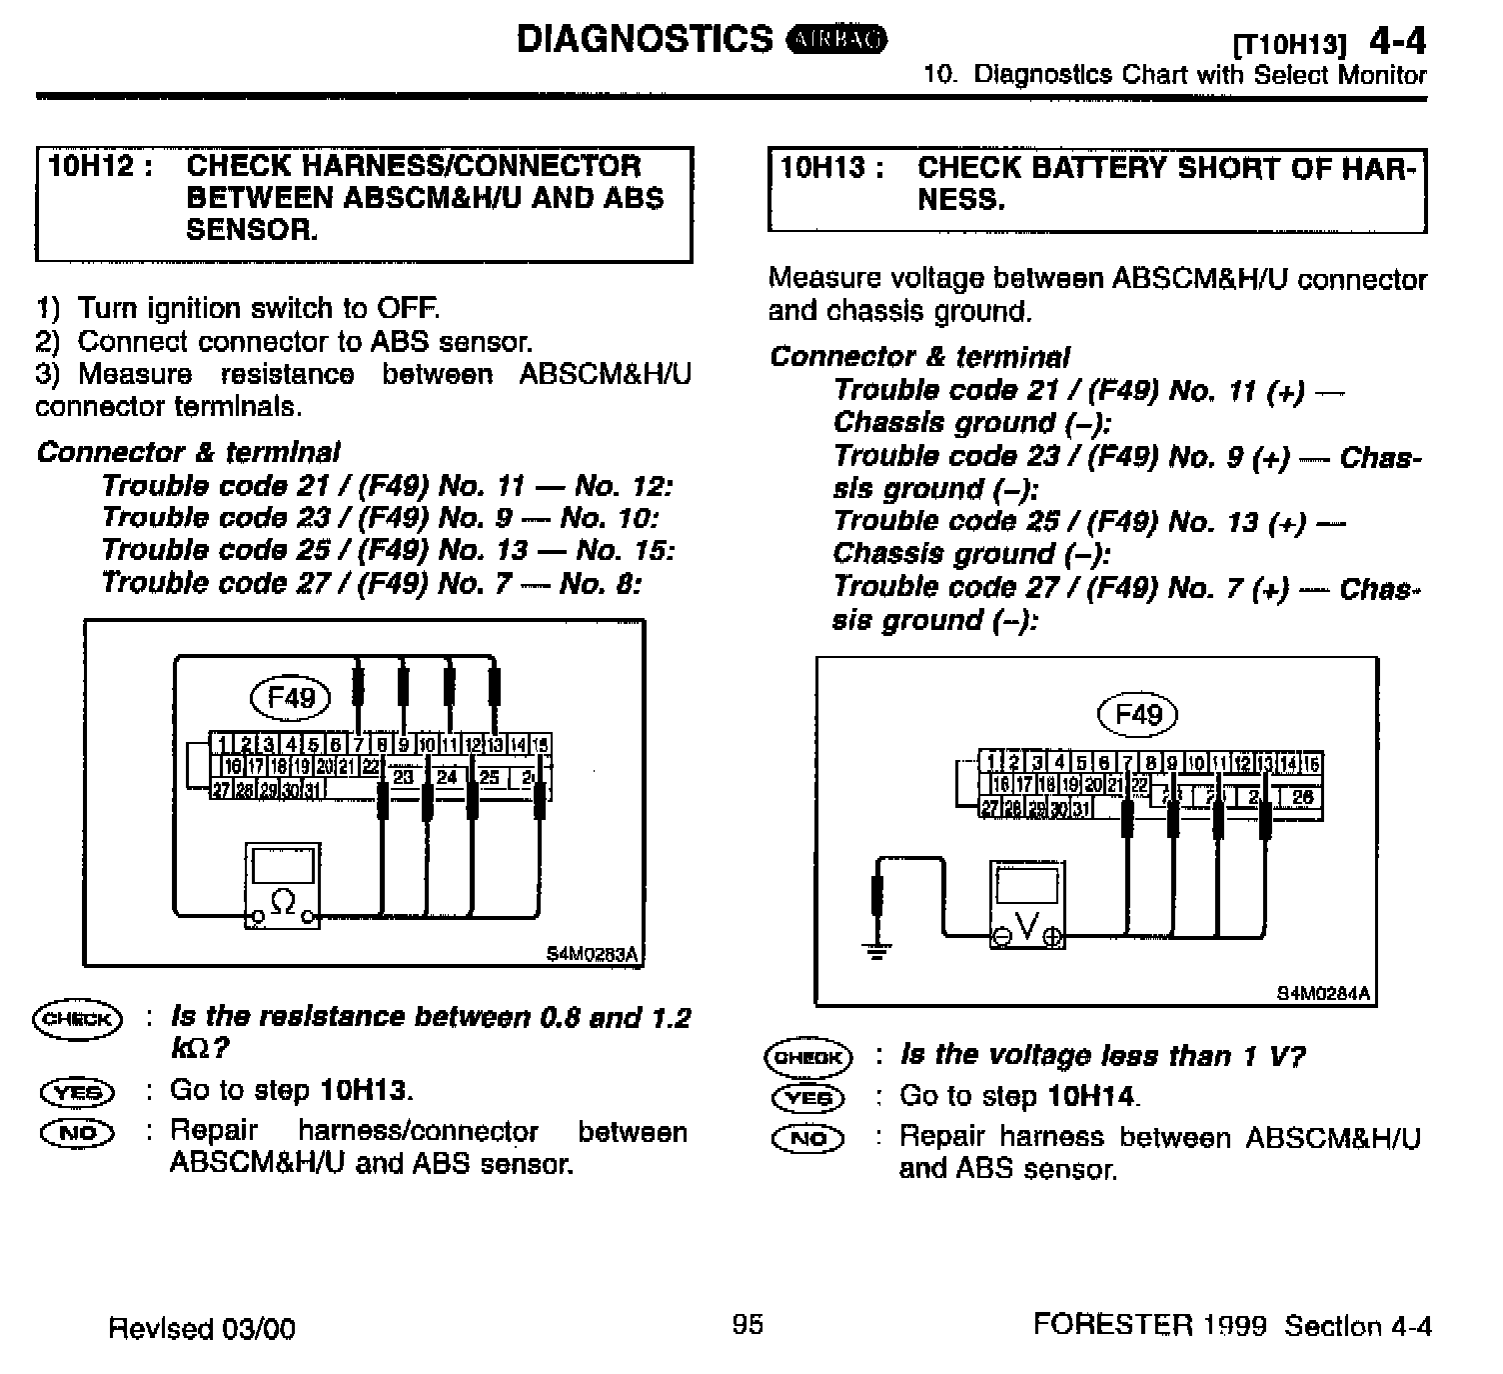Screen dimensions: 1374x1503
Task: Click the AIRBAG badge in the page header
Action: point(837,40)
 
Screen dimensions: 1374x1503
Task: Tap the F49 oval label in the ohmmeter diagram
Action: point(291,697)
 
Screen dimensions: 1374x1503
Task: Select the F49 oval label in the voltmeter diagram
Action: point(1137,714)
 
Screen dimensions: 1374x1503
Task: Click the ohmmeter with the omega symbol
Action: point(284,885)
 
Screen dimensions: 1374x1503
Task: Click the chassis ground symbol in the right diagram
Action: point(877,947)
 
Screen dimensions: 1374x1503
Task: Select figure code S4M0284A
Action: point(1323,993)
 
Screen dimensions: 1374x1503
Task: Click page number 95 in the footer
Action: point(748,1325)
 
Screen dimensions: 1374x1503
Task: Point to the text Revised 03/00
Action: point(202,1328)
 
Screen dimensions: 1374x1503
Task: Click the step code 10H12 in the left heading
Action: point(91,165)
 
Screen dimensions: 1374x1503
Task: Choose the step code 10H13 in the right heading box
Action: point(822,167)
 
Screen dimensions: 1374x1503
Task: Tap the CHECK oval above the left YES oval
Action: point(77,1019)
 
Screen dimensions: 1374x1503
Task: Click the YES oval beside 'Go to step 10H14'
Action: point(807,1097)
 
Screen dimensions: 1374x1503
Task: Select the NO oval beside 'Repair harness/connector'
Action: point(77,1133)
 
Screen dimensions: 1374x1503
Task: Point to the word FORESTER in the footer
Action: point(1112,1325)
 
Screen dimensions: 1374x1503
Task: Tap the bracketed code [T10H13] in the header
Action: point(1290,45)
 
